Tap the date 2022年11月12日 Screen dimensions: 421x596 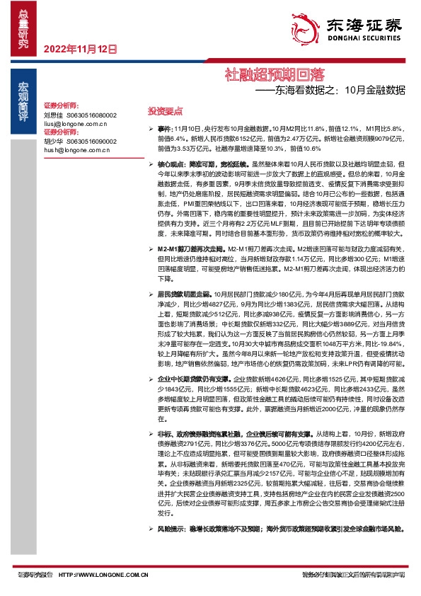79,50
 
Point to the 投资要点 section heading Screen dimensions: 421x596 164,111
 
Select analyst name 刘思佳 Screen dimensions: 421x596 54,114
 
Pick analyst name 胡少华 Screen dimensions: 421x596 54,141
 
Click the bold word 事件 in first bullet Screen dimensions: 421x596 165,130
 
